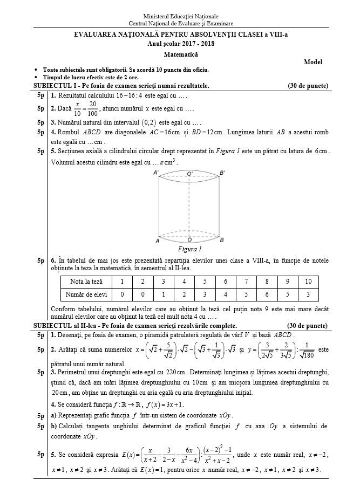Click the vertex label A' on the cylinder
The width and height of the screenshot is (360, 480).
[x=156, y=173]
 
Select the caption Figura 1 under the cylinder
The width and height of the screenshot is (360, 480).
[x=189, y=249]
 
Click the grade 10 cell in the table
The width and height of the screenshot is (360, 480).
[x=308, y=282]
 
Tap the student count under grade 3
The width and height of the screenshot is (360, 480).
[x=164, y=294]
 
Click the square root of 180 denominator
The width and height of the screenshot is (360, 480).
[x=309, y=358]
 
